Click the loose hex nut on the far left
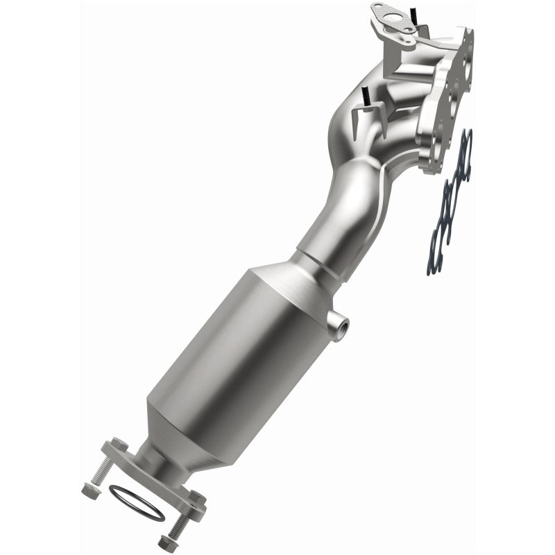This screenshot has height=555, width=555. [x=88, y=491]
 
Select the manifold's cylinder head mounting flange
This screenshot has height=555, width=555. [x=451, y=90]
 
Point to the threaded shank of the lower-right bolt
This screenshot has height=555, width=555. [x=182, y=520]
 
